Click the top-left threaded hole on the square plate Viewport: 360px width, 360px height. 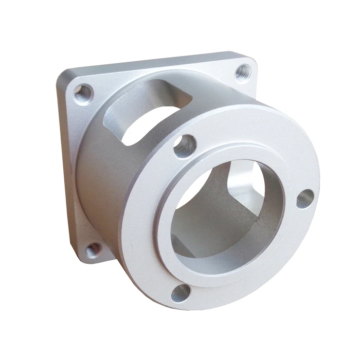(82, 94)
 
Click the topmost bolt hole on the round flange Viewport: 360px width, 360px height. (185, 146)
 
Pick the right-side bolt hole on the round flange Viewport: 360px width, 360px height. (304, 198)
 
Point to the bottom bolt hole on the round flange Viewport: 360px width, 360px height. (181, 293)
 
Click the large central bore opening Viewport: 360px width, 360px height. (226, 216)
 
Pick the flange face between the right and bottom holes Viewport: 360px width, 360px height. (267, 262)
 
